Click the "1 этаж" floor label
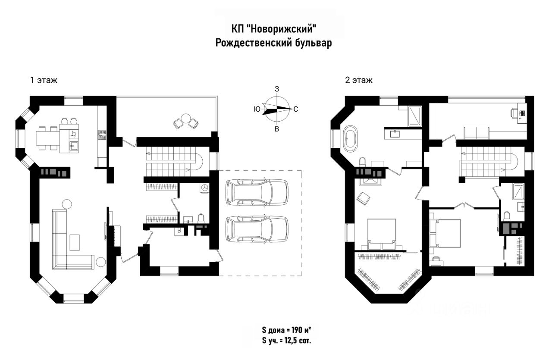point(43,80)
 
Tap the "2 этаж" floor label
point(358,80)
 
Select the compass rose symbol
point(277,109)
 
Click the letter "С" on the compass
point(296,110)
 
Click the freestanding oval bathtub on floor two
point(350,138)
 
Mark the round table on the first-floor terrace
point(186,119)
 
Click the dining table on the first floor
point(48,138)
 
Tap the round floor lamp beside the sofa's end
point(101,262)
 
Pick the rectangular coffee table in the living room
point(75,242)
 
